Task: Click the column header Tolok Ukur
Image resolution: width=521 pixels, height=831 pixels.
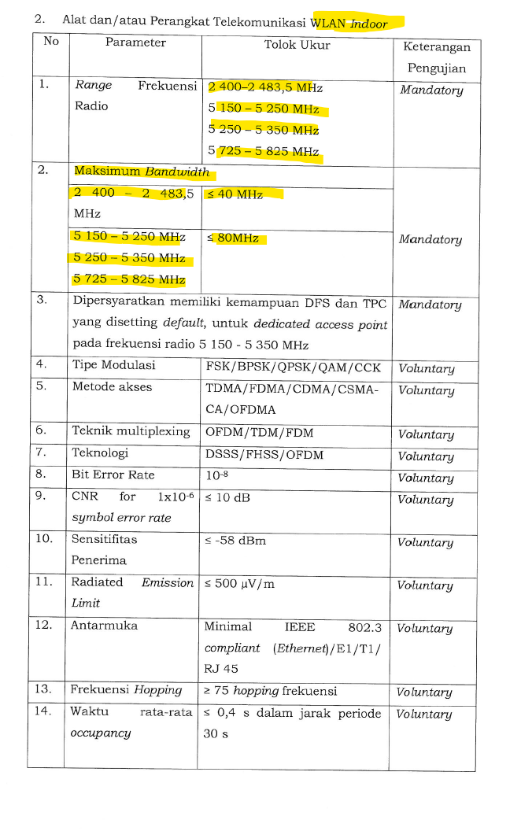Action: [x=297, y=45]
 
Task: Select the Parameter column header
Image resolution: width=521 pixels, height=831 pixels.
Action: [x=135, y=42]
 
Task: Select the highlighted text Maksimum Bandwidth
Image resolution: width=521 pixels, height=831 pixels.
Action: [x=142, y=172]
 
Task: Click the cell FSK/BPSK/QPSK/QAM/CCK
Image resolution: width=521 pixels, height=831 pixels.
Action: [x=292, y=367]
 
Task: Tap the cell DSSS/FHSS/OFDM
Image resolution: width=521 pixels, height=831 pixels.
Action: [x=264, y=454]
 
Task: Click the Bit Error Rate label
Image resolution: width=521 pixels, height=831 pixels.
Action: [x=113, y=475]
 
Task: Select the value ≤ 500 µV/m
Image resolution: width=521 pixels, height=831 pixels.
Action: [x=239, y=584]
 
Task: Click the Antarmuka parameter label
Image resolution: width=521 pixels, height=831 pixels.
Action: [x=105, y=626]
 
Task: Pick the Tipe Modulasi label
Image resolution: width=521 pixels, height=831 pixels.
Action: [x=113, y=365]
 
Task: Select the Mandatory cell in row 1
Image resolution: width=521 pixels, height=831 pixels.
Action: [x=431, y=90]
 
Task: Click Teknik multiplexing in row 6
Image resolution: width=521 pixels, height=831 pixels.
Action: [x=131, y=431]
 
